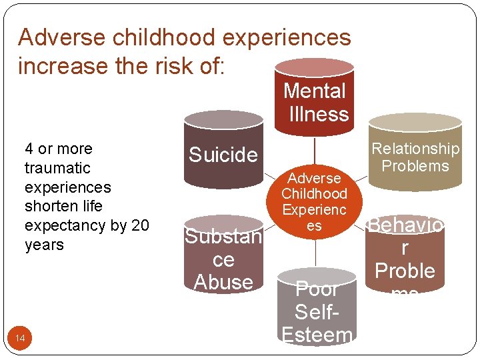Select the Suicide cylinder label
click(223, 155)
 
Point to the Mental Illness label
click(315, 102)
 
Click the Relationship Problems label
click(415, 157)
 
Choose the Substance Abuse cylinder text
click(223, 259)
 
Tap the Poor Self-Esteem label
click(317, 311)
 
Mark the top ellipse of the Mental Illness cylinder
click(314, 67)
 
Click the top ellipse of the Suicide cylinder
click(223, 119)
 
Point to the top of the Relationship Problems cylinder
click(415, 122)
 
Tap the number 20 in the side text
click(141, 225)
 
